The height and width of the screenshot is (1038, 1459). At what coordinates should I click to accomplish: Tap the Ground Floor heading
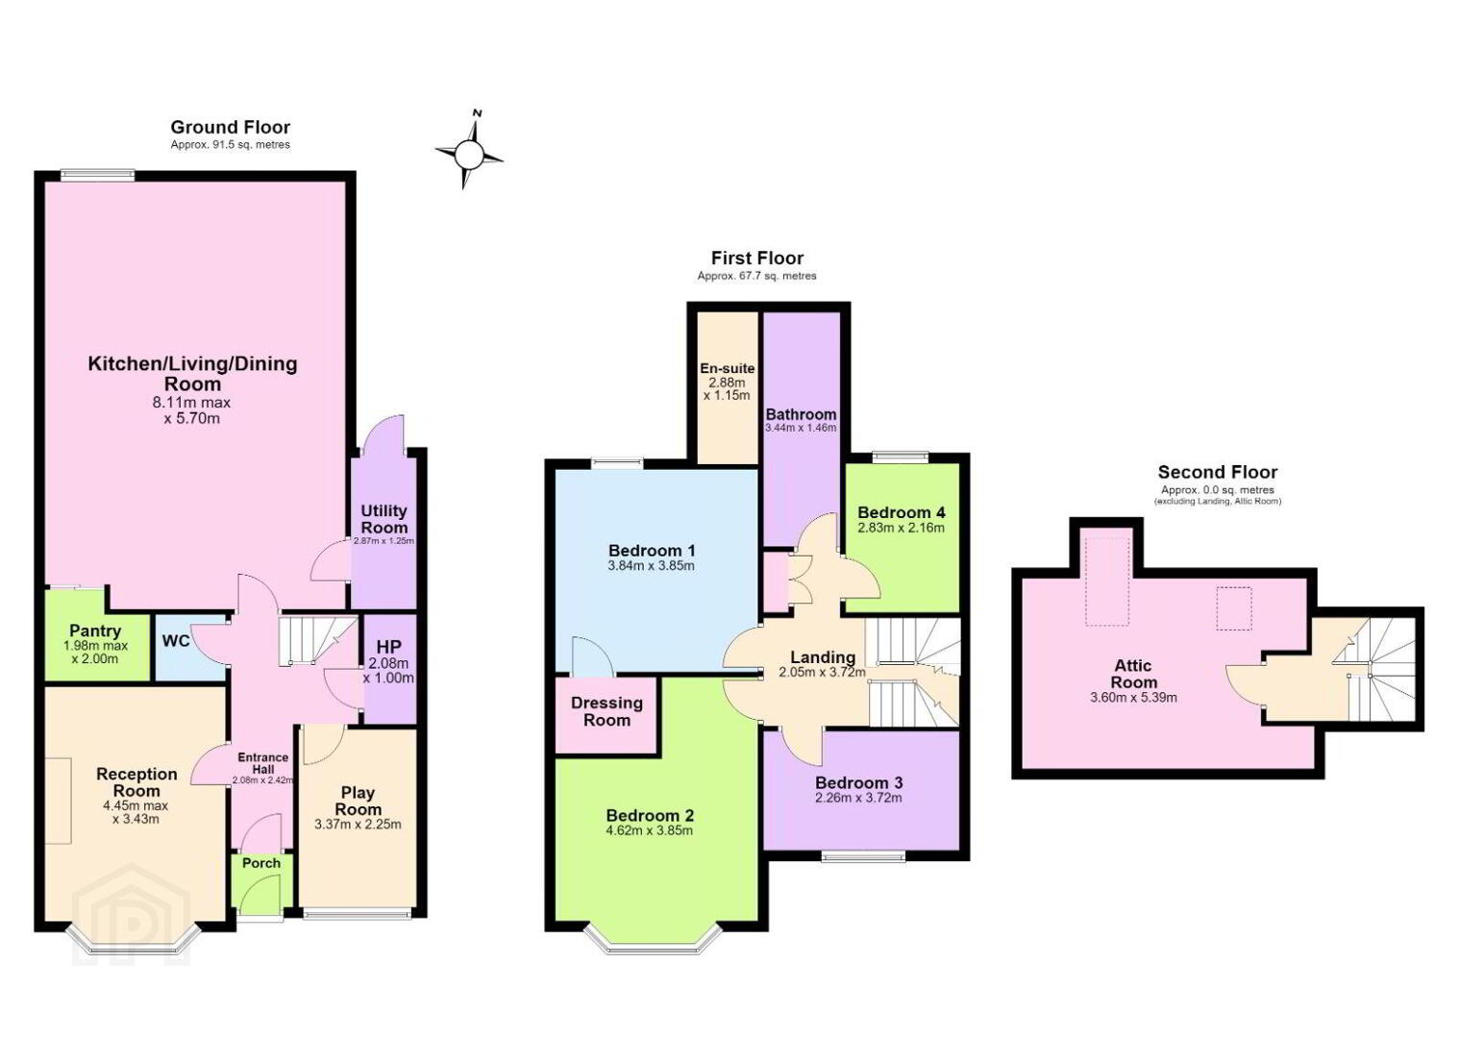(230, 127)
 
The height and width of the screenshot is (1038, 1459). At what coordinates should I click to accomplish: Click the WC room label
(175, 641)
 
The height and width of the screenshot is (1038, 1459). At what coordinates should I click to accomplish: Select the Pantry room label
(95, 630)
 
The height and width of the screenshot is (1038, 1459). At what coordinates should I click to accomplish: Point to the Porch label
(261, 863)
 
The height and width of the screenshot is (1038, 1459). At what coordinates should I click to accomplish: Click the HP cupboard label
(389, 647)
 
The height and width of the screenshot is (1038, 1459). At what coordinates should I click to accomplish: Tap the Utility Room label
(383, 519)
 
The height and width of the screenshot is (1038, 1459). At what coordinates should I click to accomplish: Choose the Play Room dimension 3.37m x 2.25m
(358, 825)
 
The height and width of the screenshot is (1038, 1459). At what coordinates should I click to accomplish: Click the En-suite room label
(727, 368)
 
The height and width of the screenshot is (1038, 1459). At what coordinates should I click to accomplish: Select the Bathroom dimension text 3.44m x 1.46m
(801, 428)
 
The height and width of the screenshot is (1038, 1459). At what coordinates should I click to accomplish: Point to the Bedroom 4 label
(902, 512)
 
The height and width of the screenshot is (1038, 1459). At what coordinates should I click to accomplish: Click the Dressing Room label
(606, 712)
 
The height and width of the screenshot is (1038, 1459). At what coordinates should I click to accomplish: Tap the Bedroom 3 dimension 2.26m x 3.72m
(858, 798)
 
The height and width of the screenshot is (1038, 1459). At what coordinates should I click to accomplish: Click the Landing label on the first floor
(823, 657)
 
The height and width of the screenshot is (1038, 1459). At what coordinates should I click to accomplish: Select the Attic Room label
(1133, 674)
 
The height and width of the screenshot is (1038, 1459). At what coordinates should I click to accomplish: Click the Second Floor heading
(1218, 472)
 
